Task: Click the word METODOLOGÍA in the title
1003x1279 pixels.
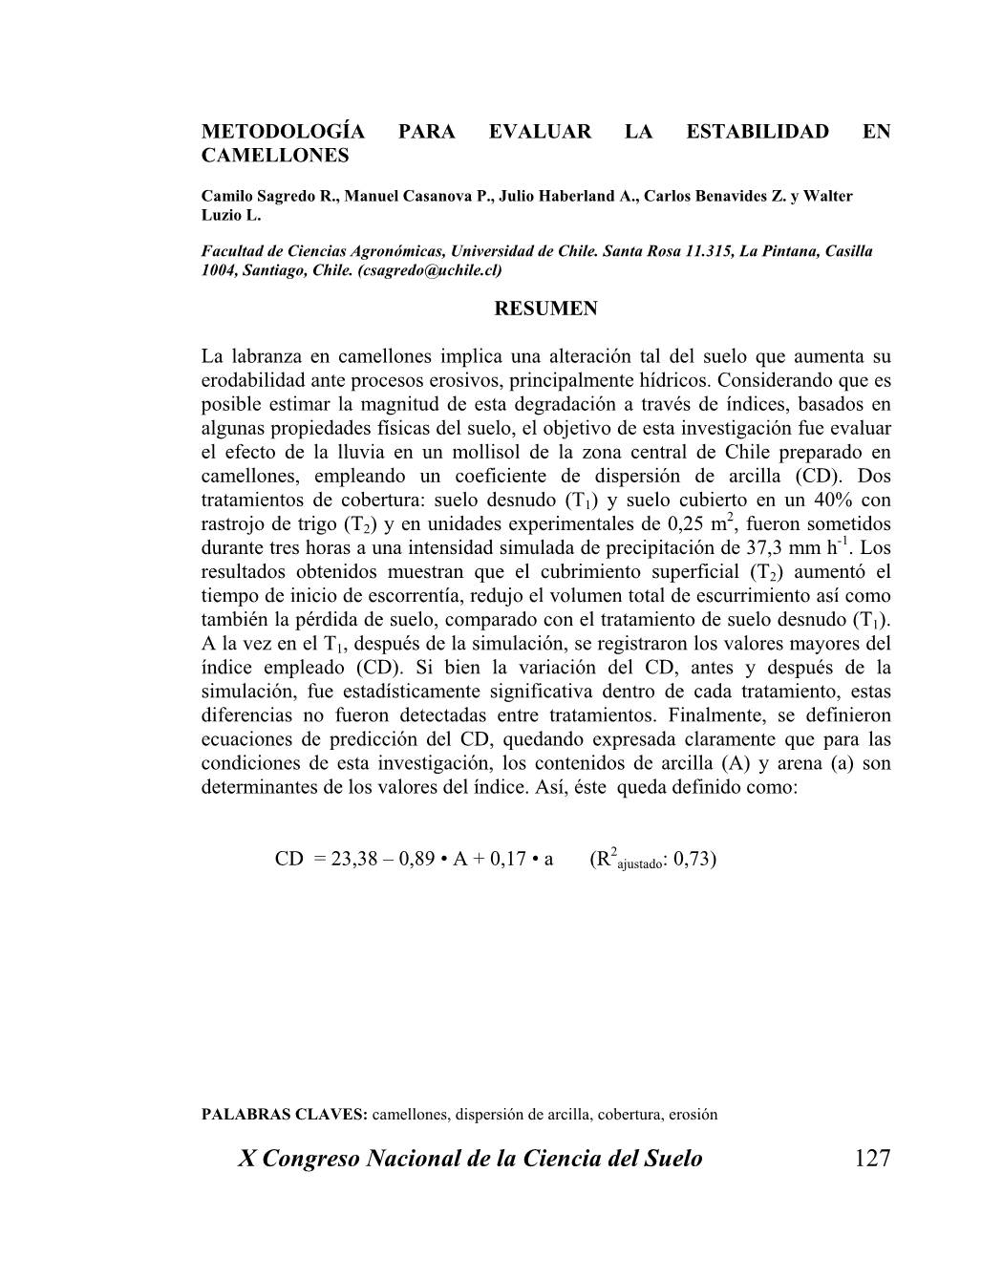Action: (269, 132)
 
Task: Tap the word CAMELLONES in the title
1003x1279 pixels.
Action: (275, 156)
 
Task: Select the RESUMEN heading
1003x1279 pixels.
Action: (545, 309)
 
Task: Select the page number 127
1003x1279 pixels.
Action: (872, 1159)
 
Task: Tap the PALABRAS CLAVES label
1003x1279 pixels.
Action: (284, 1114)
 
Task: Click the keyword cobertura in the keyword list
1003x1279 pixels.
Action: (629, 1114)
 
